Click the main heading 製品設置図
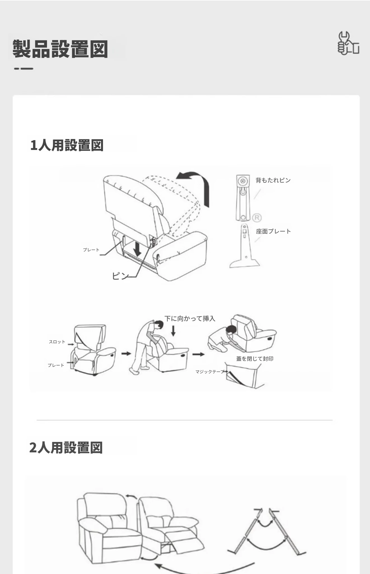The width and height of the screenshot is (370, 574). [x=60, y=49]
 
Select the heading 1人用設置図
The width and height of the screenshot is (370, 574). [x=67, y=145]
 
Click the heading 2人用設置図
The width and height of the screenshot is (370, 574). [x=66, y=447]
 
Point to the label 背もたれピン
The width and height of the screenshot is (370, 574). [x=273, y=180]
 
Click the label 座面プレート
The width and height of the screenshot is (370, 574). [x=273, y=231]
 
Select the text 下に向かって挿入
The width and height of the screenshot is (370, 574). [x=190, y=318]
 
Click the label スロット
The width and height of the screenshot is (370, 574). [x=57, y=342]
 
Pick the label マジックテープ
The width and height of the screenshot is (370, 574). [x=210, y=372]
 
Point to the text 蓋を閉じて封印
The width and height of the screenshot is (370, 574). [x=255, y=359]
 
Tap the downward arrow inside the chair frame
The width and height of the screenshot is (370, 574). [x=137, y=248]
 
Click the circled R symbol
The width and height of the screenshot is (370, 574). [x=257, y=217]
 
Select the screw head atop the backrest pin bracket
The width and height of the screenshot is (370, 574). [x=243, y=181]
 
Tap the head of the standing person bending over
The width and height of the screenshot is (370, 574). [x=159, y=325]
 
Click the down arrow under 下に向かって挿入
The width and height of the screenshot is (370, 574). [x=173, y=331]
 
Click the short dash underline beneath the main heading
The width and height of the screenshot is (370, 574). [x=24, y=68]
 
